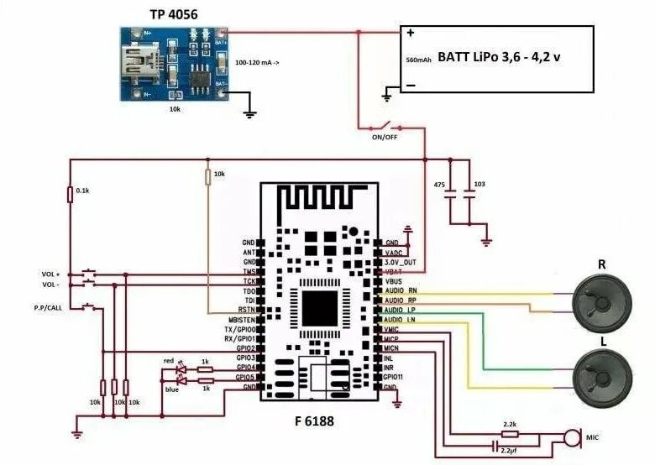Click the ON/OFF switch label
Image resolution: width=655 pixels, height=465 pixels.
point(384,136)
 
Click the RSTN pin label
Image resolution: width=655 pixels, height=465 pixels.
point(247,310)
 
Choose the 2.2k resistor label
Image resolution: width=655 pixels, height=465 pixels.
point(509,425)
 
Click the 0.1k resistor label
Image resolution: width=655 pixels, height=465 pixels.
point(82,191)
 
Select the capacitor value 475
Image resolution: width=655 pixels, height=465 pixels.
point(438,183)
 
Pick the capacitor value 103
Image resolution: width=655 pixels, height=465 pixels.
point(479,183)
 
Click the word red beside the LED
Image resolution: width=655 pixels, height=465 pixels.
point(168,361)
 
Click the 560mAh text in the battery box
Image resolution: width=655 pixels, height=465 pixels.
point(418,60)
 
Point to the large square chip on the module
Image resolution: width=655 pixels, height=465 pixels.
point(320,308)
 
